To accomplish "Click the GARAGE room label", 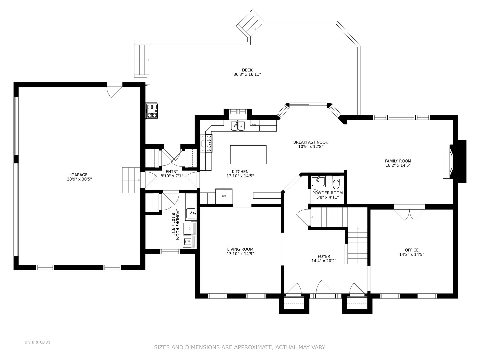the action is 79,175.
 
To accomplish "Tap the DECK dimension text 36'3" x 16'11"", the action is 247,74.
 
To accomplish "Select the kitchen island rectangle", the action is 248,155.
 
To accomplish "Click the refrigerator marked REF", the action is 224,196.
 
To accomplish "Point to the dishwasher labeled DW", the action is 254,125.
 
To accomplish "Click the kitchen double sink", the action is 238,126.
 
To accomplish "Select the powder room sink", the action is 318,181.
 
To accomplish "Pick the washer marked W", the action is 187,241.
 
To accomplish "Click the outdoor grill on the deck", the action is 152,111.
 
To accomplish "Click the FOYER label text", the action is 324,256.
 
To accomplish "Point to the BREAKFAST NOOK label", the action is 311,142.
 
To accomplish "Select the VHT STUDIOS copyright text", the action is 37,342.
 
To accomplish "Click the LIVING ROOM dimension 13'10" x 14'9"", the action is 240,254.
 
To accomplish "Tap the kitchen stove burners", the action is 207,143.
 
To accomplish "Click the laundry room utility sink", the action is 191,214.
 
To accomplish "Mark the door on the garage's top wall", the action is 114,90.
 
